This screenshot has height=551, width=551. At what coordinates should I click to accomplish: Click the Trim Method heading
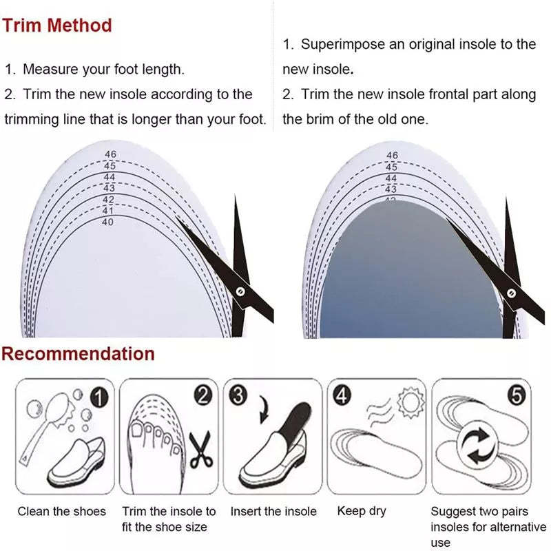56,25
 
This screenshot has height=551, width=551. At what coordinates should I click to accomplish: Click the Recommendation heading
78,355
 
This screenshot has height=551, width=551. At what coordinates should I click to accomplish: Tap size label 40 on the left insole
107,222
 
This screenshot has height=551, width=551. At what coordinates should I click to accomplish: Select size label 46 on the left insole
110,154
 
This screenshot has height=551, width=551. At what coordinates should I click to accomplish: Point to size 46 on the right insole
392,156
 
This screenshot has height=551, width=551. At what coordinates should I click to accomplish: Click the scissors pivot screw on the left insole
239,291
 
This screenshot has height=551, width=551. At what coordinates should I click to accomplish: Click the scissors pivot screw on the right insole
510,292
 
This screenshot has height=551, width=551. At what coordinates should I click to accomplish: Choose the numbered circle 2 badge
202,395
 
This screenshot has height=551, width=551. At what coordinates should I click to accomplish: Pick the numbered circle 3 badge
238,395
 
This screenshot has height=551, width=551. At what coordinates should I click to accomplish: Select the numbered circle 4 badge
342,395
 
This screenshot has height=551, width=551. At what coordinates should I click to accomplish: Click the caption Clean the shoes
62,511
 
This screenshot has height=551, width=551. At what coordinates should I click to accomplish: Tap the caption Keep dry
362,511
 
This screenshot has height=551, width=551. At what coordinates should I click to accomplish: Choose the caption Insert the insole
273,511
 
